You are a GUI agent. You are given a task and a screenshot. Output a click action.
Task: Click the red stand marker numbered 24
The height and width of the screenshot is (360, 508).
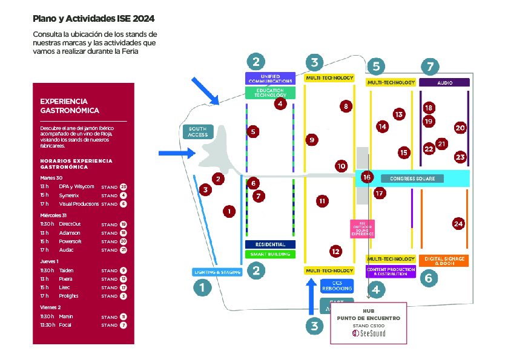pyautogui.click(x=458, y=224)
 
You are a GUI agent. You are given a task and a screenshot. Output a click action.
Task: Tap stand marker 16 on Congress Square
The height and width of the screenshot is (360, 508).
pyautogui.click(x=366, y=177)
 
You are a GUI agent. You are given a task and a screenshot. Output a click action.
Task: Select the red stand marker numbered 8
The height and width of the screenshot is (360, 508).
pyautogui.click(x=346, y=106)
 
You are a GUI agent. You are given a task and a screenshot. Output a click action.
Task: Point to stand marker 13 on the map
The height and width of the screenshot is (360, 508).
pyautogui.click(x=398, y=114)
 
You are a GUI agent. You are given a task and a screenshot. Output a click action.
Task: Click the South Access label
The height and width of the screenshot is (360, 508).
pyautogui.click(x=198, y=131)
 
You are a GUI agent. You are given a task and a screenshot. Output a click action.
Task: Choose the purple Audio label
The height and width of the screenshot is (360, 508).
pyautogui.click(x=444, y=82)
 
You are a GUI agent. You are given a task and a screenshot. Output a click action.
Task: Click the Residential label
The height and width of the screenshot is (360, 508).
pyautogui.click(x=270, y=244)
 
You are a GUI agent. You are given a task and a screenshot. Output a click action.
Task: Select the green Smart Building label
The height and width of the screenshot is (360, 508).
pyautogui.click(x=270, y=254)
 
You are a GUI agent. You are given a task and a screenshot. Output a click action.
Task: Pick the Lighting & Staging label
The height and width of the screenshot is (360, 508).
pyautogui.click(x=217, y=272)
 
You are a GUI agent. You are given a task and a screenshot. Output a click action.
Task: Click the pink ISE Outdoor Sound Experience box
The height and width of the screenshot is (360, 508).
pyautogui.click(x=363, y=229)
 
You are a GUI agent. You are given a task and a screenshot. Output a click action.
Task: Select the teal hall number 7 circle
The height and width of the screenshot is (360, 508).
pyautogui.click(x=430, y=67)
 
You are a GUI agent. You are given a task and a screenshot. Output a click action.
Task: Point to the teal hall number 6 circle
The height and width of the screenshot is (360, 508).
pyautogui.click(x=427, y=278)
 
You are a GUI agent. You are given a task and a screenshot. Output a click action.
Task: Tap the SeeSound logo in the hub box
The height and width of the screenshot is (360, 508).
pyautogui.click(x=369, y=333)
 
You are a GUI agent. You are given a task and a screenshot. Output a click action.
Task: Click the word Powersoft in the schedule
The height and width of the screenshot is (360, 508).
pyautogui.click(x=70, y=241)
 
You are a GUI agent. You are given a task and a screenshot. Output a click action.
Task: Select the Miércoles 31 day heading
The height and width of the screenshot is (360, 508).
pyautogui.click(x=53, y=215)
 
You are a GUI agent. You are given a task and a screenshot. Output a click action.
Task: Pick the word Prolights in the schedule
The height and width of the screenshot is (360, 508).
pyautogui.click(x=70, y=296)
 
